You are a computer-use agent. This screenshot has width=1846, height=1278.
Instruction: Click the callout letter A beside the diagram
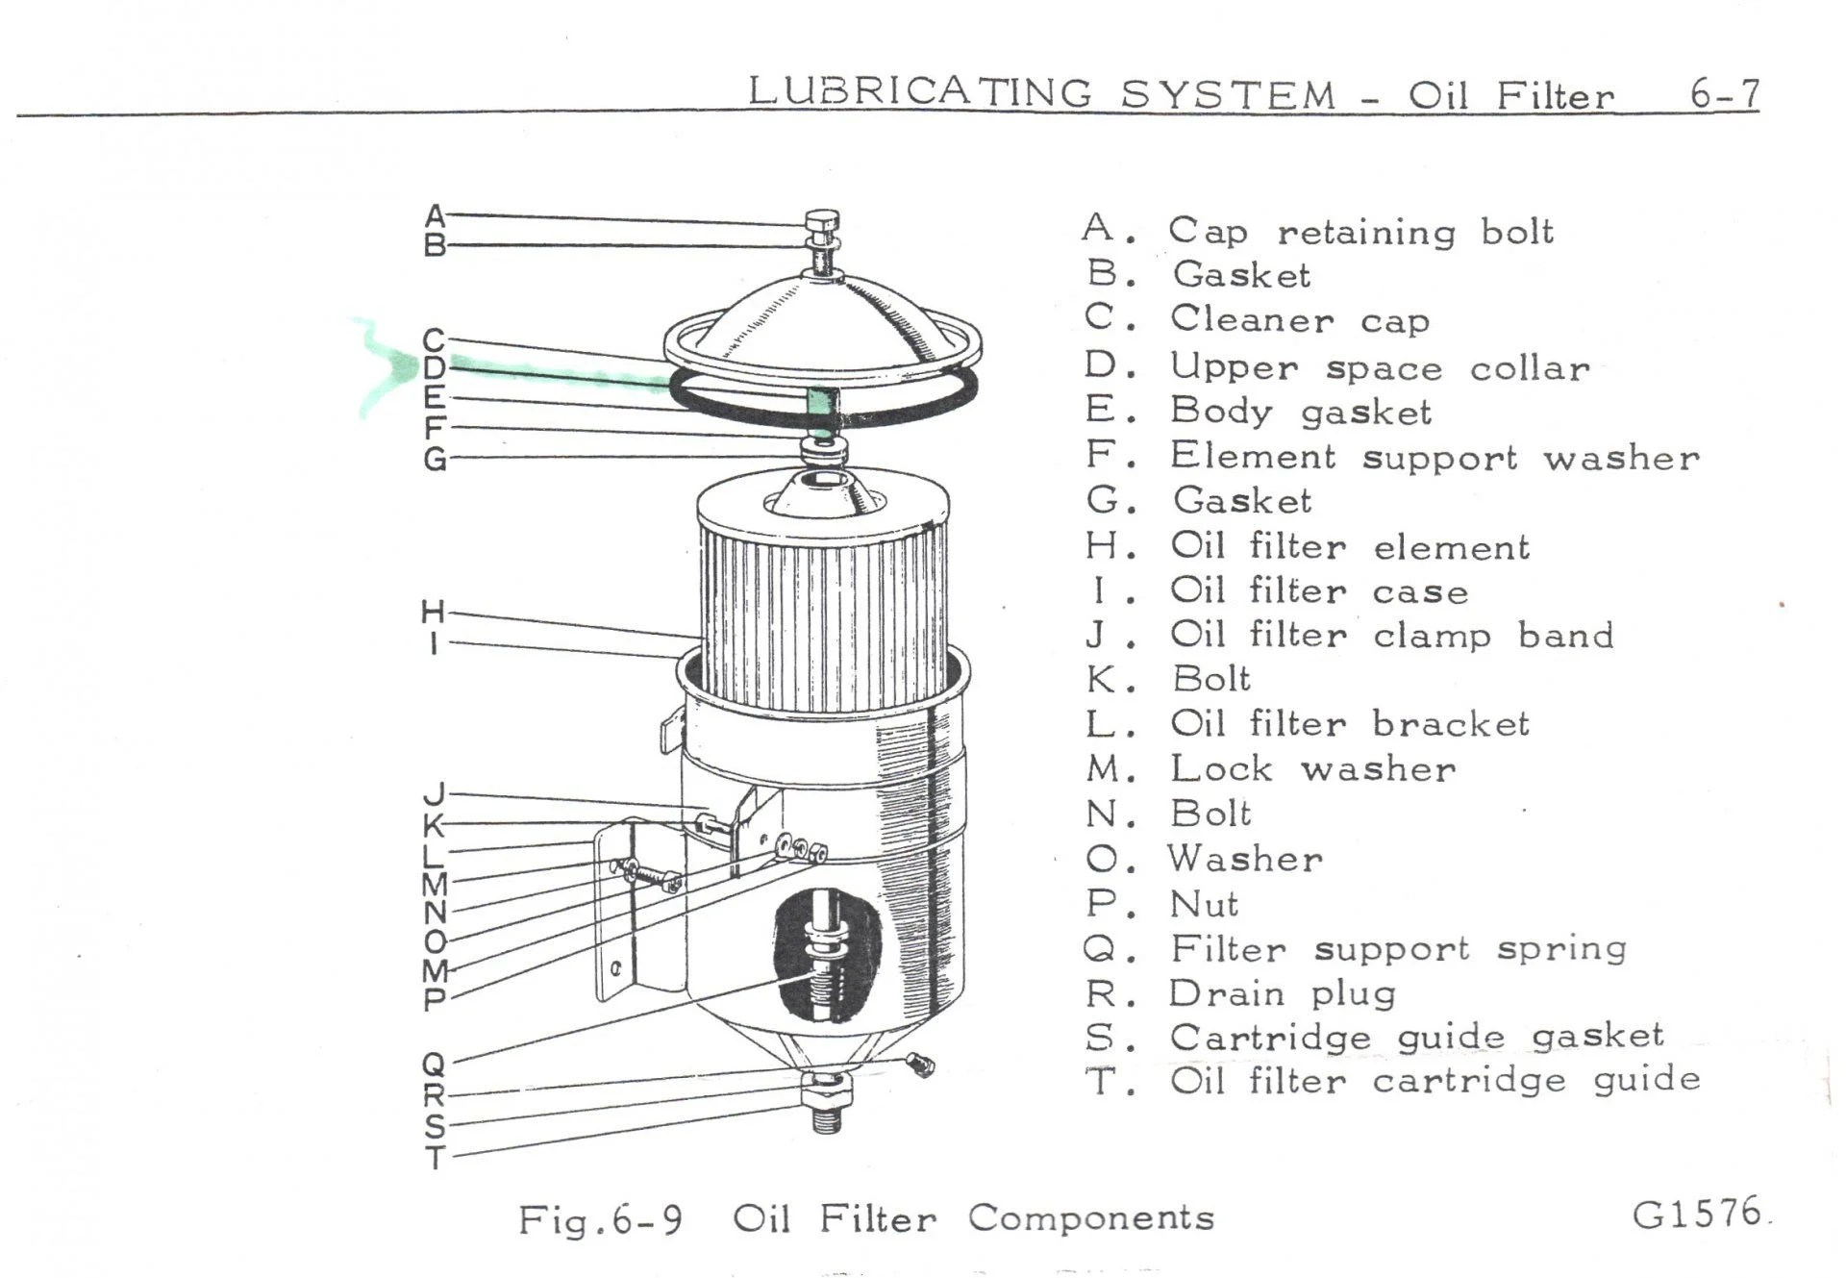(435, 216)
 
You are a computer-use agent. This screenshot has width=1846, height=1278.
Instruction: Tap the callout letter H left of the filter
(433, 612)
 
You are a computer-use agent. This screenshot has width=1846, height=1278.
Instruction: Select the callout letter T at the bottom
(436, 1158)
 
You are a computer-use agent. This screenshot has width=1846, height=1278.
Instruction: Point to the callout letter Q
(434, 1065)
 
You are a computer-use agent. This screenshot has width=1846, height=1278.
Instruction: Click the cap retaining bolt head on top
(821, 220)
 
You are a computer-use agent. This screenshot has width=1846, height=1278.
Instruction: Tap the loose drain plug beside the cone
(920, 1064)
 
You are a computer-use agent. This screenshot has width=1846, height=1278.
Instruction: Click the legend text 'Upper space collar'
(1379, 367)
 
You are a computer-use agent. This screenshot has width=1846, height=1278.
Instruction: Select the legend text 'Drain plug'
(1283, 993)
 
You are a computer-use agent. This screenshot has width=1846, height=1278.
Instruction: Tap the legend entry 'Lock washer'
(1311, 768)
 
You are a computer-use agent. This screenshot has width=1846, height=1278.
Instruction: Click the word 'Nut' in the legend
(1203, 905)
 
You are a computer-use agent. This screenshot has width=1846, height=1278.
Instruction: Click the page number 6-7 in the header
(1724, 94)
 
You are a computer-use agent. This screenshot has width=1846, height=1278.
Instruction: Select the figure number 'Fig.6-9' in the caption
(600, 1220)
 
